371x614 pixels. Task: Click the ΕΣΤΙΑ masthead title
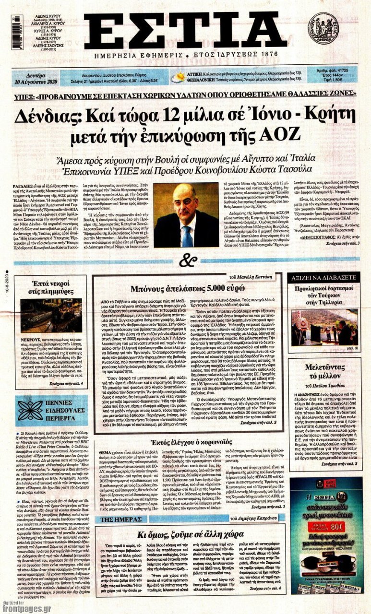[184, 30]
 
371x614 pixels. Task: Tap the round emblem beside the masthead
[323, 28]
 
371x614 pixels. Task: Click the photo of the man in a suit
[184, 215]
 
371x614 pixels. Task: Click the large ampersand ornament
[188, 261]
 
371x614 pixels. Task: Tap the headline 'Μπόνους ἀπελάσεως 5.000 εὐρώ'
[185, 289]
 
